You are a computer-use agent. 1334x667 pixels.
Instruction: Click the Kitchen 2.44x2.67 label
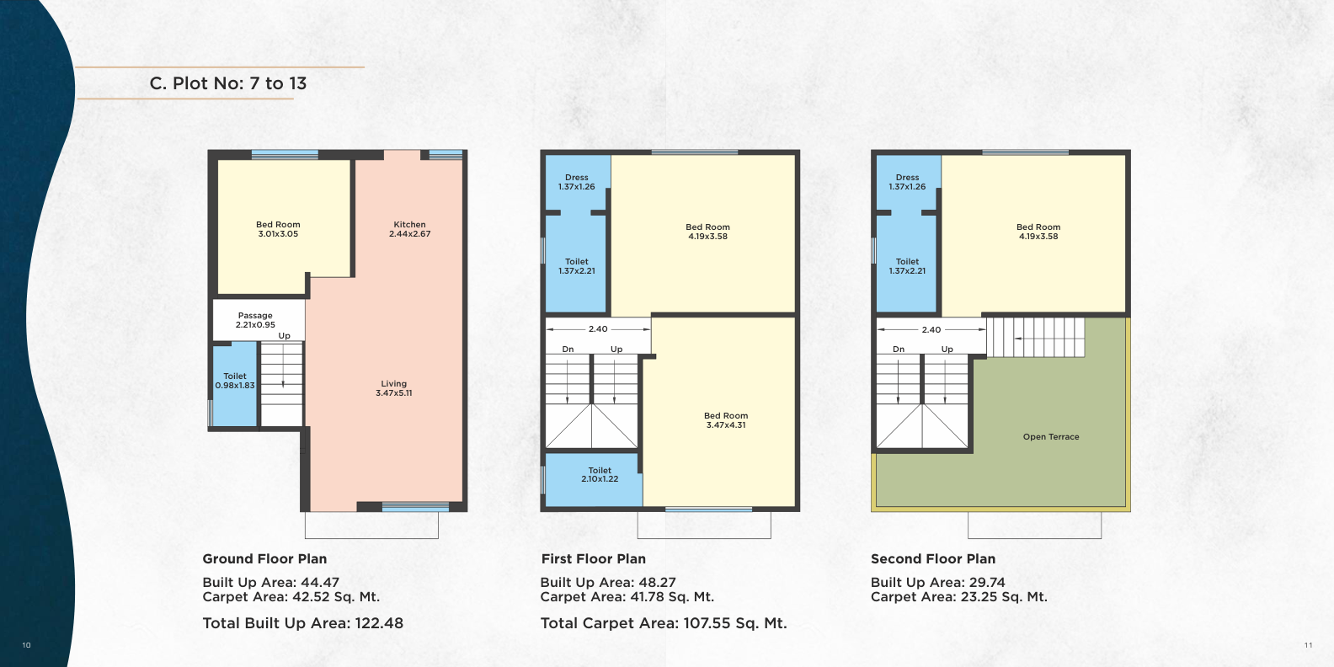(x=410, y=229)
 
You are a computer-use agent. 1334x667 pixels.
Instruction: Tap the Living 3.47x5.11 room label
(x=393, y=388)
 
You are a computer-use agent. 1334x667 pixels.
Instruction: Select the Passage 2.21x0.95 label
(x=255, y=320)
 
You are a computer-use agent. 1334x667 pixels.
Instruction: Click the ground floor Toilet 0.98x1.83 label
(x=235, y=381)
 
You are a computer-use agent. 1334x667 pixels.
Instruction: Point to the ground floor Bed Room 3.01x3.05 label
(x=278, y=229)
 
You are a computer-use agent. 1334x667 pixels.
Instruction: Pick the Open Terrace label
(x=1051, y=436)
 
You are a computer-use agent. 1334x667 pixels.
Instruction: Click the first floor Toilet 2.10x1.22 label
(x=600, y=475)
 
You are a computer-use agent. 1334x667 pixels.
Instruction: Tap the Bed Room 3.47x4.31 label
(x=726, y=420)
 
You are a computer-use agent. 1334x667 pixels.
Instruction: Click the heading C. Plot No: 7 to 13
(x=228, y=83)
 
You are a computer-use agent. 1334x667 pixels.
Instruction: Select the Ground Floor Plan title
(x=264, y=558)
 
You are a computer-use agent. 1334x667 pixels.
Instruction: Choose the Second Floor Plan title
(x=933, y=558)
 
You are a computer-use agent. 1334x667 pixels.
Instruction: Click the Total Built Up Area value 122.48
(x=379, y=623)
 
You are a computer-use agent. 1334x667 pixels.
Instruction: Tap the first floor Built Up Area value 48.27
(x=658, y=582)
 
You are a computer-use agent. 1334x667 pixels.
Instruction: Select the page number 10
(x=26, y=645)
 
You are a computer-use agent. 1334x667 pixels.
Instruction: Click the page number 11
(x=1309, y=645)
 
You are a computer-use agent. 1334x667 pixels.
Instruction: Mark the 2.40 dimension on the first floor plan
(x=598, y=328)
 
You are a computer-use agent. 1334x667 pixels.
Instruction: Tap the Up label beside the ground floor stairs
(x=285, y=336)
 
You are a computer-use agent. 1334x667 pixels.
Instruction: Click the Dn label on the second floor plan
(x=899, y=349)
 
